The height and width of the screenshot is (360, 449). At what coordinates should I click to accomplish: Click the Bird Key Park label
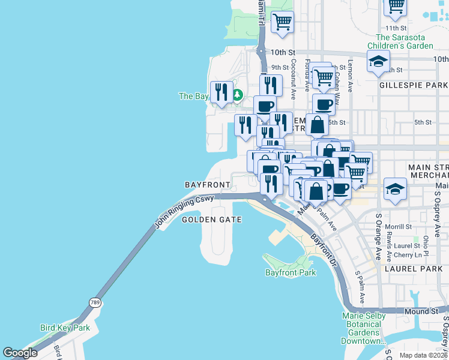(64, 328)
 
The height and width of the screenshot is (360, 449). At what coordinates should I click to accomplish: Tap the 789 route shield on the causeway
(95, 302)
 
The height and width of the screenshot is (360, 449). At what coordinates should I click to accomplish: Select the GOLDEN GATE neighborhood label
(212, 220)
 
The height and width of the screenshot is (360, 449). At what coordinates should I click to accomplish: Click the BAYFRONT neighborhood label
(208, 184)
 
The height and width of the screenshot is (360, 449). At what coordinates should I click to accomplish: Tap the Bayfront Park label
(291, 272)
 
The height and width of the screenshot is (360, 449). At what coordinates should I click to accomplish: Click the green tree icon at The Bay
(238, 95)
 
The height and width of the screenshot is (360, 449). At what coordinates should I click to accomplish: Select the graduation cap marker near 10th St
(378, 61)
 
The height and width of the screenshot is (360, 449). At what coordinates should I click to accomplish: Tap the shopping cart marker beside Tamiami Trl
(282, 22)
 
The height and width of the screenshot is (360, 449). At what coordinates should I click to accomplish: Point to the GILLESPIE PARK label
(414, 86)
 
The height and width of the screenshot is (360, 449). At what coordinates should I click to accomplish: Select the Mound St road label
(421, 311)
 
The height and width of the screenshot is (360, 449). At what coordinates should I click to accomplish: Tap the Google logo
(20, 353)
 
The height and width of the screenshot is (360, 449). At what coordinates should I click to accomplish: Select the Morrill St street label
(399, 227)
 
